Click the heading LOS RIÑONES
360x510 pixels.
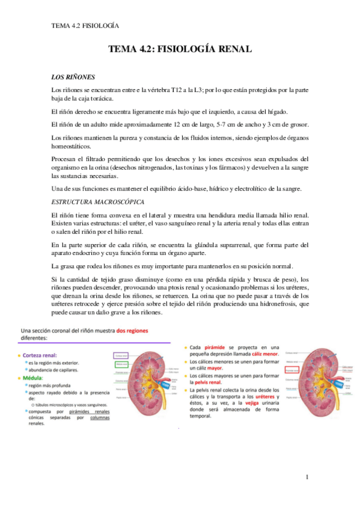73,78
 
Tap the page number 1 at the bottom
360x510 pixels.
307,478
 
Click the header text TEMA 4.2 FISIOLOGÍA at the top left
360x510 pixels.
85,26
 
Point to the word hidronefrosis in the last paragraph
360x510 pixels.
264,304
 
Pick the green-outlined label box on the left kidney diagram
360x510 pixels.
123,363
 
